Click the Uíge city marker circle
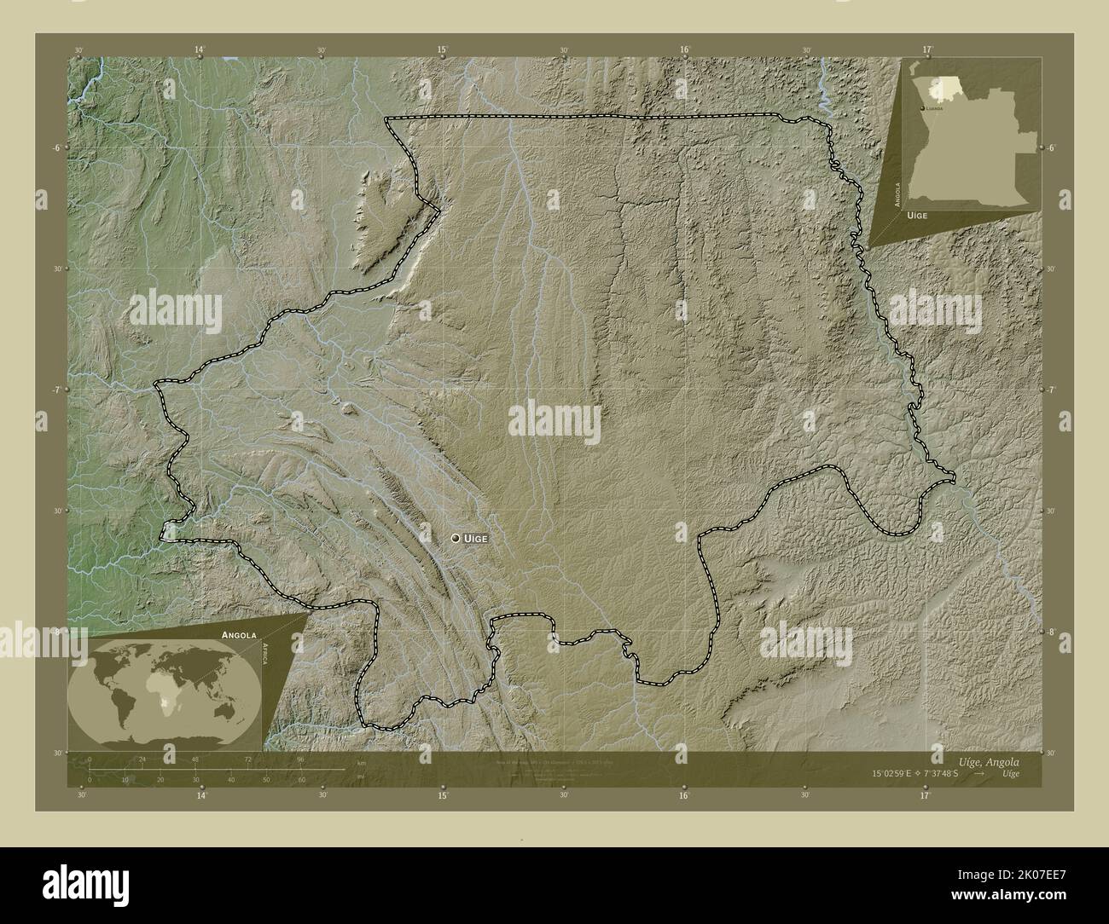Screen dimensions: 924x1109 coord(456,538)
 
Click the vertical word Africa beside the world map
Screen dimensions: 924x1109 coord(266,659)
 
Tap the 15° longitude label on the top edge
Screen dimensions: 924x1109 coord(443,50)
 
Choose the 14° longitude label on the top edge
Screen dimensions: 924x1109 coord(200,50)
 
